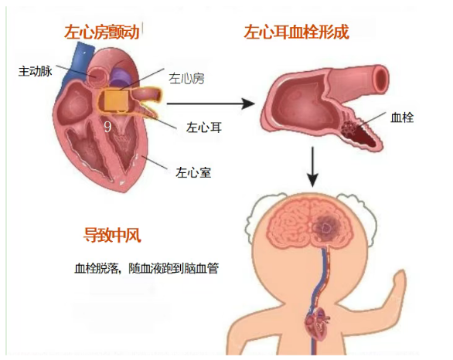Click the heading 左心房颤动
(x=102, y=32)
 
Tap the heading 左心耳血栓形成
(x=296, y=32)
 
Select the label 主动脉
(x=36, y=71)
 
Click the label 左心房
(x=186, y=79)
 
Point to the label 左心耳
(x=204, y=127)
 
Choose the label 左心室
(x=193, y=172)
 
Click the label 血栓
(x=402, y=117)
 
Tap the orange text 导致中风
(x=112, y=235)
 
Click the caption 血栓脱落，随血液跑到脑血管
(x=146, y=268)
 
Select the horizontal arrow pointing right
(x=211, y=104)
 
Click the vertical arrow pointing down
(x=312, y=167)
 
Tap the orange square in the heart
(x=115, y=100)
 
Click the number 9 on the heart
(x=107, y=127)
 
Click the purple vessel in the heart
(x=119, y=76)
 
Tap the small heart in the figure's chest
(x=317, y=324)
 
